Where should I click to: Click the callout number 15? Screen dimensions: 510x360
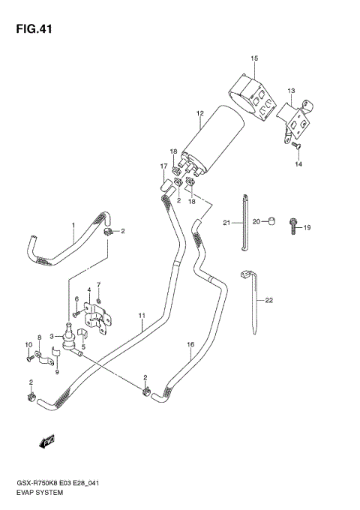[x=254, y=58]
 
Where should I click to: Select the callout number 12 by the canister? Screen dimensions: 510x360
[x=200, y=114]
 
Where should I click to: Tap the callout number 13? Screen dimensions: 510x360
[x=291, y=90]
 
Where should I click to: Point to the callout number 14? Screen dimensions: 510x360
[x=298, y=163]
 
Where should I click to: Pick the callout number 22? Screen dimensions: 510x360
[x=268, y=299]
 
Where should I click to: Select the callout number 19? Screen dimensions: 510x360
[x=307, y=227]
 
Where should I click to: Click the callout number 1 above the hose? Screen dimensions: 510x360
[x=73, y=225]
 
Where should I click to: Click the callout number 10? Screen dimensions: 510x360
[x=29, y=345]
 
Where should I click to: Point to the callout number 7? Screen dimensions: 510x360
[x=98, y=283]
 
